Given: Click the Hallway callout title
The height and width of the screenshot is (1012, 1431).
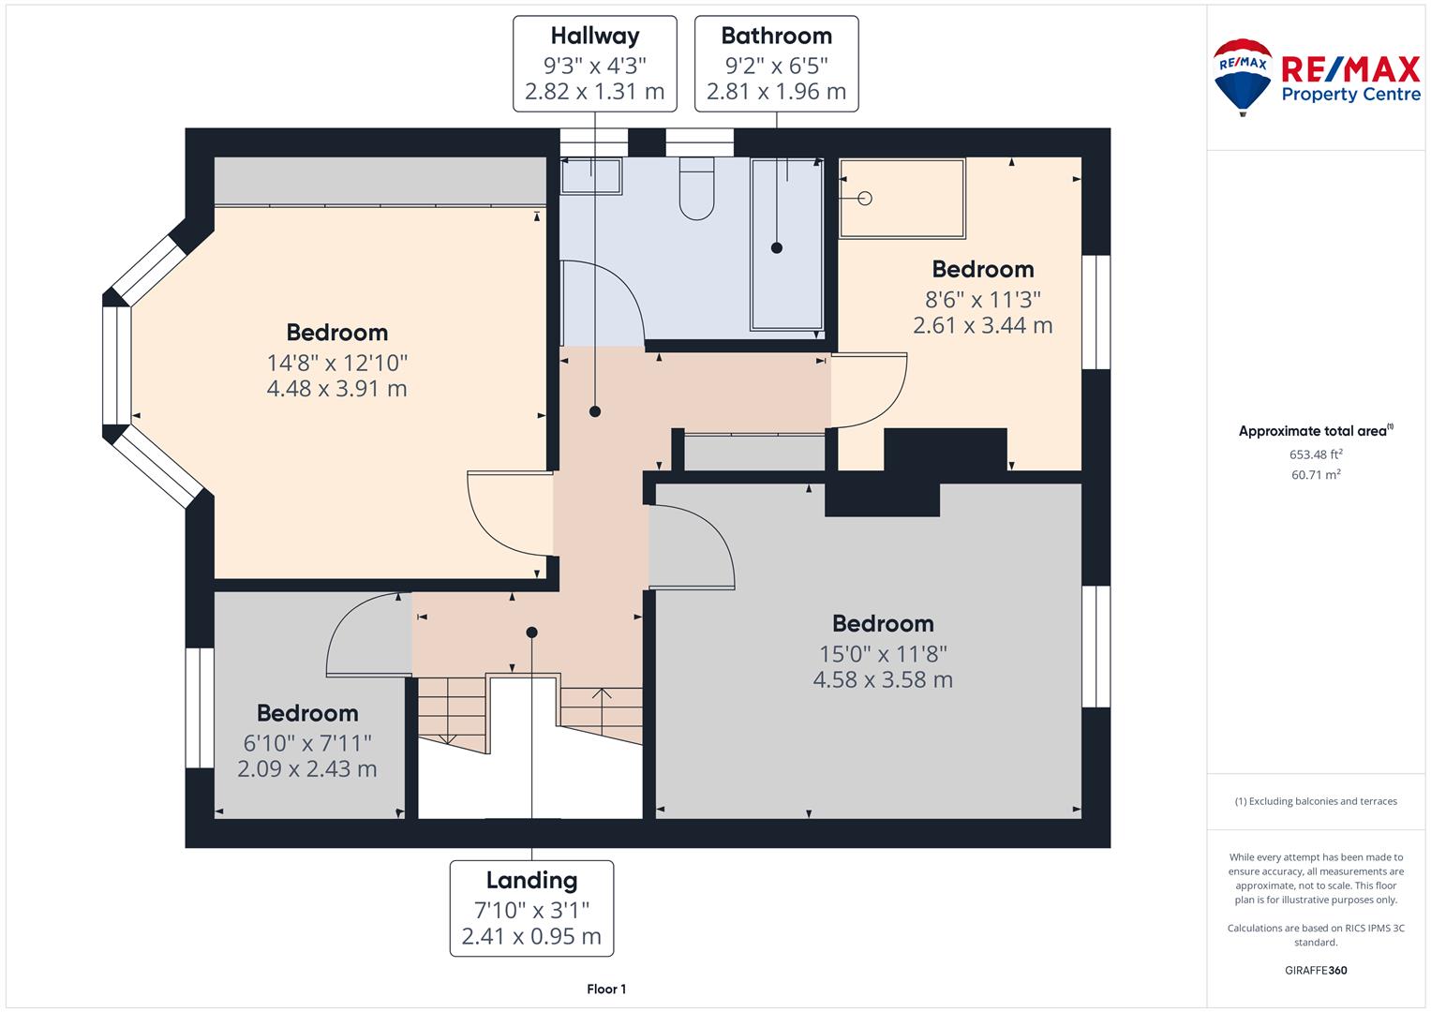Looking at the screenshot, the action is (595, 37).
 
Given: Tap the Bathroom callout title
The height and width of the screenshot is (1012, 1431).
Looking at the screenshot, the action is (776, 36).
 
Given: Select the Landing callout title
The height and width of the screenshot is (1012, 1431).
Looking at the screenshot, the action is (531, 881).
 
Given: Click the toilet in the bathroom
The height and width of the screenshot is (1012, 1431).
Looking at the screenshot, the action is (696, 189).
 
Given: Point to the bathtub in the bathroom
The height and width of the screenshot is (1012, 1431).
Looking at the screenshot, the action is (787, 244).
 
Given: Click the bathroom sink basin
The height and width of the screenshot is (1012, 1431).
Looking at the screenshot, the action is (591, 176).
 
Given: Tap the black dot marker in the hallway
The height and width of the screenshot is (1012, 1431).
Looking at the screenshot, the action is (595, 411).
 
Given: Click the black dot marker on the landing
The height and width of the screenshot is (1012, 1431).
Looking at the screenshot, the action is (531, 632).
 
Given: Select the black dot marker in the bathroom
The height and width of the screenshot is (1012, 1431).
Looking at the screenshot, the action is (777, 248).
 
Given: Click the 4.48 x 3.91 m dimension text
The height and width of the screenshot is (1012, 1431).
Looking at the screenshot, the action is (336, 389).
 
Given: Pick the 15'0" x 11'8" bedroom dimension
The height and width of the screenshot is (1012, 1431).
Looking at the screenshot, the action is (883, 654).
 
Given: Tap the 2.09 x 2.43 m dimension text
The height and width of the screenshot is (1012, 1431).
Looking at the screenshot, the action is (307, 768).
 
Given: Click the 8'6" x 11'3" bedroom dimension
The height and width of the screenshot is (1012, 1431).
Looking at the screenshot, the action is (982, 300).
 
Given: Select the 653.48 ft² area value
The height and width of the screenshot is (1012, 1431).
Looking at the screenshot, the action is (1316, 454).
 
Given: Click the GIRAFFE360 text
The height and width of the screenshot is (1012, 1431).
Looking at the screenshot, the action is (1316, 970).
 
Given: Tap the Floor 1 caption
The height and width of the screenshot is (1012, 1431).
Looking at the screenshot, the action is (606, 989).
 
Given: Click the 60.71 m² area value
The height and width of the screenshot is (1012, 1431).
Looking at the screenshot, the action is (1316, 475).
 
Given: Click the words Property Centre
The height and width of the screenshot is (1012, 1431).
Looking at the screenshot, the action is (1351, 95).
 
